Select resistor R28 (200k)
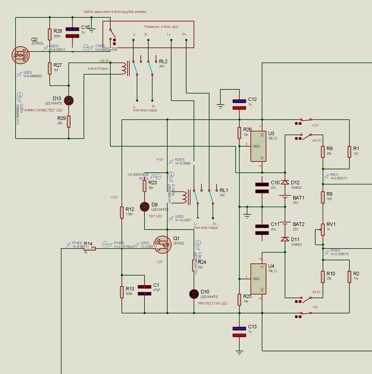tap(50, 34)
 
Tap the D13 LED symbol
tap(69, 100)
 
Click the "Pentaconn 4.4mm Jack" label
tap(161, 26)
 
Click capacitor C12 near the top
tap(239, 104)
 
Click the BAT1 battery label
tap(298, 197)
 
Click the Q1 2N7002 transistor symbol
tap(165, 244)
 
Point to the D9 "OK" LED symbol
tap(145, 206)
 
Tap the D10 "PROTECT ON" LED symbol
tap(194, 294)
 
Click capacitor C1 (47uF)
tap(145, 290)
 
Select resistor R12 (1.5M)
tap(121, 212)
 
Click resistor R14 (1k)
tap(89, 248)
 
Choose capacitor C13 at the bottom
tap(239, 332)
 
